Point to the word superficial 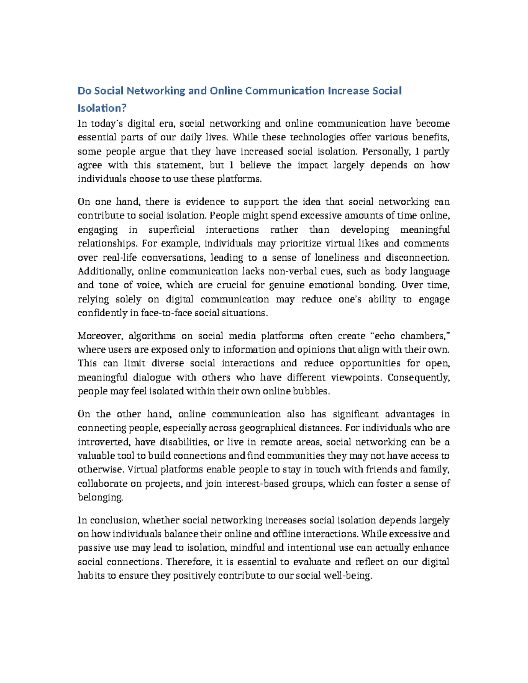(x=173, y=230)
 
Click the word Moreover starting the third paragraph (x=99, y=336)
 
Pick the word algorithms (x=152, y=336)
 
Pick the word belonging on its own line (x=100, y=497)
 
